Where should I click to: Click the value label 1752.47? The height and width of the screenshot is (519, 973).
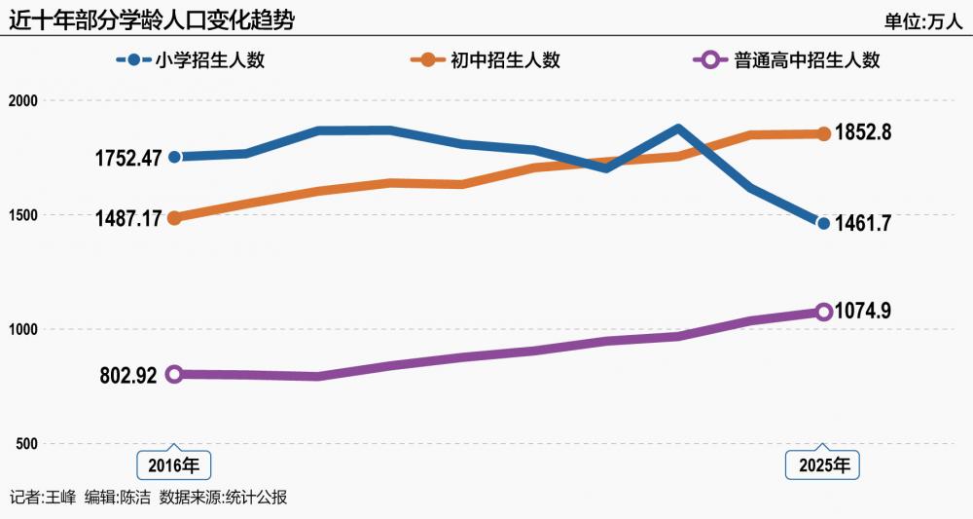point(127,158)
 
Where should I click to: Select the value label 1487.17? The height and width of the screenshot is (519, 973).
point(127,219)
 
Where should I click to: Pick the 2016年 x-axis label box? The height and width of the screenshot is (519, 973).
point(173,465)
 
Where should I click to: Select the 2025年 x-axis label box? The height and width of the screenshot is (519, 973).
point(823,465)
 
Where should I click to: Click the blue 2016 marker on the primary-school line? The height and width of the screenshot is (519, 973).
point(174,157)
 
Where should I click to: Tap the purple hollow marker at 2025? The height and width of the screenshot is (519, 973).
point(823,312)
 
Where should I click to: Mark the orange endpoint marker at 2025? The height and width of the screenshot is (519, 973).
point(823,133)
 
